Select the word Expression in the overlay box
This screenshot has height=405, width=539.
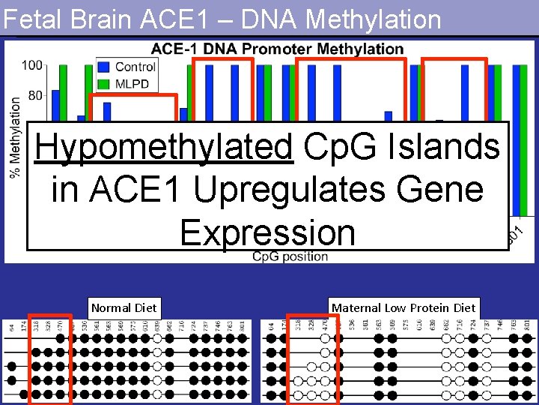[x=267, y=232]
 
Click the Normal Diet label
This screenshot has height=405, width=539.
[x=124, y=307]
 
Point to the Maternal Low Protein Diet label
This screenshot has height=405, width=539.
[x=404, y=307]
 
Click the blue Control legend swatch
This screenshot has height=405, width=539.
[x=104, y=67]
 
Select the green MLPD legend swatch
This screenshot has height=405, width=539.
[x=104, y=83]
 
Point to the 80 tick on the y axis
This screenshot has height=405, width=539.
[x=34, y=95]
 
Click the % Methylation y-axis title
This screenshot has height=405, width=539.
[x=14, y=138]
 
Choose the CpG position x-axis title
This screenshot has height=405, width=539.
[x=290, y=256]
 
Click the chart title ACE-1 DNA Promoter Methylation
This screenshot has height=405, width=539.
[x=277, y=49]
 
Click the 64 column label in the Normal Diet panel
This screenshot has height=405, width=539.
[x=12, y=328]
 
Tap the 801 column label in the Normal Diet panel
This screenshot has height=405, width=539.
[x=243, y=325]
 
